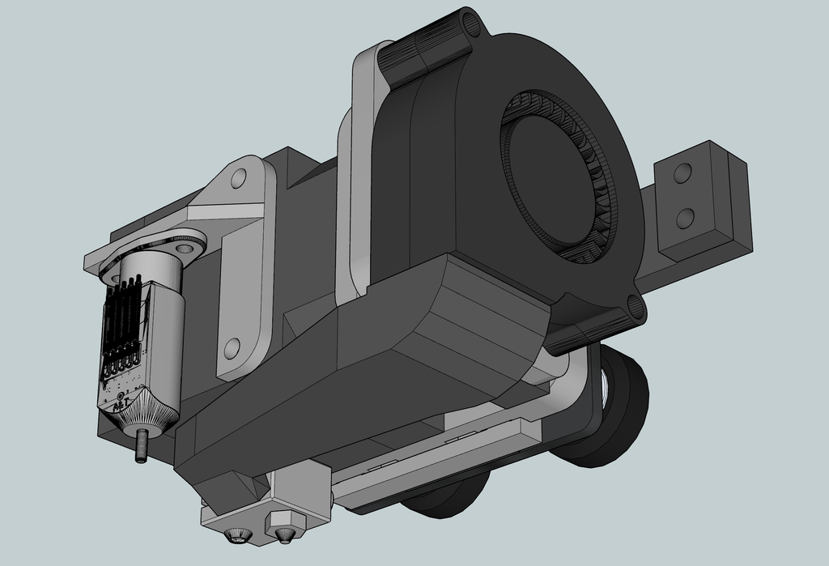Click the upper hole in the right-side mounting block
682,172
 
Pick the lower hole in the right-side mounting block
685,217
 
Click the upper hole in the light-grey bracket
238,178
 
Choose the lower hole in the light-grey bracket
232,349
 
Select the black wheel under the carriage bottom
446,498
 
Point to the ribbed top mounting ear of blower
429,49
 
